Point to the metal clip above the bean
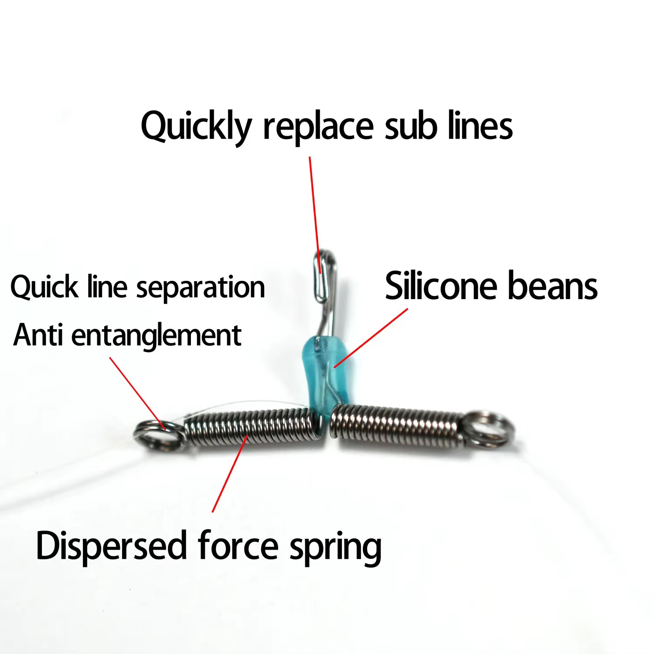click(324, 292)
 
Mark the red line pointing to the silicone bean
click(371, 338)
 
